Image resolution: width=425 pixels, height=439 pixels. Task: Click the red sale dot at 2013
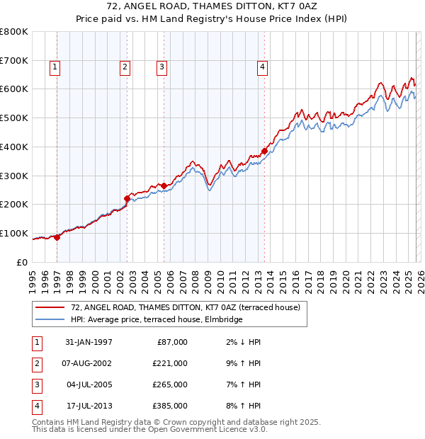pos(264,151)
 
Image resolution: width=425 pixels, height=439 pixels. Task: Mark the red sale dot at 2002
pos(127,198)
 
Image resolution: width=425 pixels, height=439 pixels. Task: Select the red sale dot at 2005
pos(164,186)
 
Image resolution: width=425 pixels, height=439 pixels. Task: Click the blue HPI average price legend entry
pos(156,319)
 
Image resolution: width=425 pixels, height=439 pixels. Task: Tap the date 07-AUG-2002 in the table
pos(89,363)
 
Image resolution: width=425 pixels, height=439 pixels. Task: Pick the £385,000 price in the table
pos(169,406)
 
